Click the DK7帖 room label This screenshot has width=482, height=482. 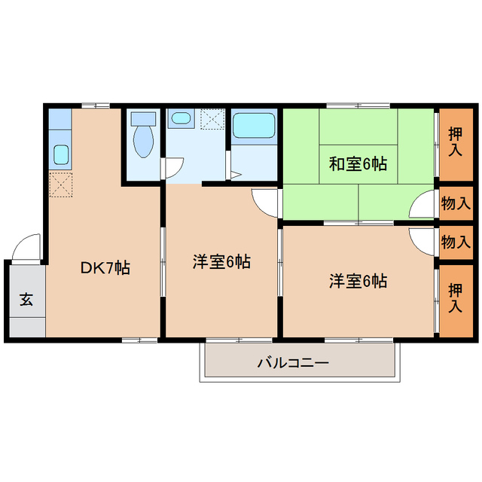(x=105, y=267)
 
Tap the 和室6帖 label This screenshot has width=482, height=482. (x=358, y=163)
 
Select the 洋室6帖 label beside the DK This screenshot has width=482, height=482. (x=221, y=262)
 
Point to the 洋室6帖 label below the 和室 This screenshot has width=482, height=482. (x=358, y=282)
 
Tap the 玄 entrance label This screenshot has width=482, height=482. (x=26, y=299)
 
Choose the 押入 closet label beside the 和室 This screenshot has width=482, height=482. (x=456, y=142)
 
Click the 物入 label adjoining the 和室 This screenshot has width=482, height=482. (x=456, y=203)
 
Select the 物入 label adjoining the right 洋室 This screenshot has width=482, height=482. (x=456, y=242)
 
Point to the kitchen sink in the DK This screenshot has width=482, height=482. (x=60, y=156)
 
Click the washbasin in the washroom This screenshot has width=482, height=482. (x=181, y=119)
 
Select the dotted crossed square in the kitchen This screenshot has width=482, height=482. (x=60, y=184)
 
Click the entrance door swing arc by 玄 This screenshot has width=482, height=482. (x=27, y=247)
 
